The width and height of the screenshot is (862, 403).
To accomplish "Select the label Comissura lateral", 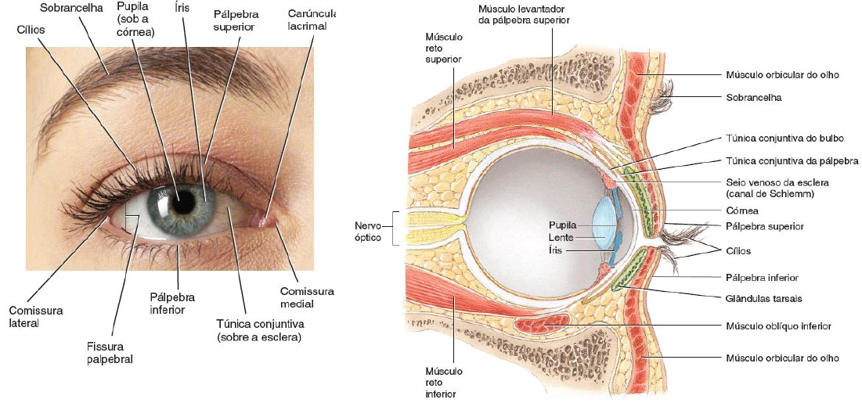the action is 35,316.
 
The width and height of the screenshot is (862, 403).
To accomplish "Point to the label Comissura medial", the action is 307,297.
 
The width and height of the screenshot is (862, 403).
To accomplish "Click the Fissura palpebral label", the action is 110,352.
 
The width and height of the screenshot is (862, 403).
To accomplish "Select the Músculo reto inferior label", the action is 443,383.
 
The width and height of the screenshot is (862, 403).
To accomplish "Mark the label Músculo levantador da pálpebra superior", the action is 523,14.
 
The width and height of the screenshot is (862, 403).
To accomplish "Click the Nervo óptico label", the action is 367,231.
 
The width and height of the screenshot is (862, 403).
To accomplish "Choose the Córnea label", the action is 742,210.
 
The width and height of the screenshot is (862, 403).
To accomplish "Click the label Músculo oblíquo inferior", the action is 778,326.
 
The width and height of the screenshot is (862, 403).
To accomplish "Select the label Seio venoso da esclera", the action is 777,187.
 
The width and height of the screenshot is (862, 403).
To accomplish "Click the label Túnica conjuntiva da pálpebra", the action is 791,160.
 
